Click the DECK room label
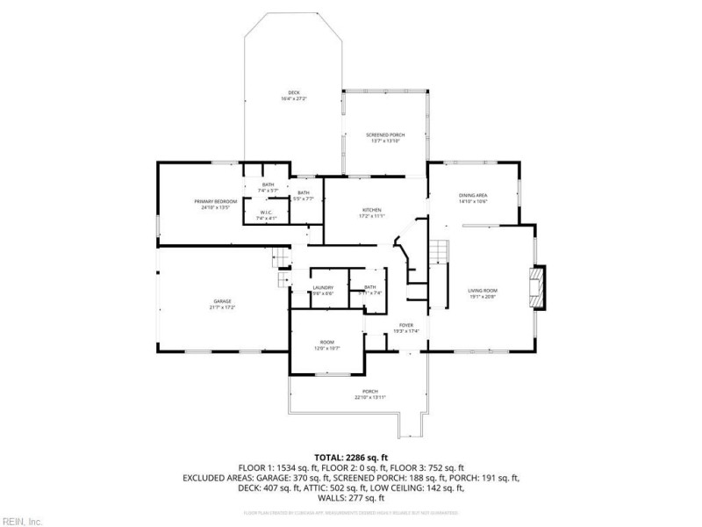pos(294,92)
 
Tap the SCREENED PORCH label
pos(385,134)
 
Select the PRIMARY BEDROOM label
pos(215,201)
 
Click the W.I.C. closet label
pos(268,213)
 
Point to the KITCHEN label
pos(372,210)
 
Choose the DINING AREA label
pos(473,195)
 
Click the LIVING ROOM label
pos(482,291)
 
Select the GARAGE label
pos(221,301)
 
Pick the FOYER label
pos(406,325)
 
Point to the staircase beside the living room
pos(438,255)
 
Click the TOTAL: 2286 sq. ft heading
pos(351,457)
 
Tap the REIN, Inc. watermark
pos(21,521)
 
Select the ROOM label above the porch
pos(326,342)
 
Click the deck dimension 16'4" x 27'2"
pos(294,98)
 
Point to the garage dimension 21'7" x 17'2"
pos(221,307)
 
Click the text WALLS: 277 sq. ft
pos(351,497)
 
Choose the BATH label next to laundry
pos(370,286)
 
